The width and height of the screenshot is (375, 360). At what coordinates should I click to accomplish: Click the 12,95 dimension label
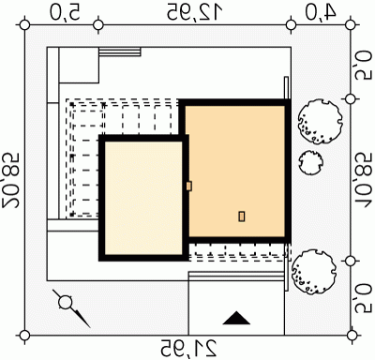click(x=194, y=11)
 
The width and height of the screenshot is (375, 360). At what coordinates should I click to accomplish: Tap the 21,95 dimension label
click(x=188, y=348)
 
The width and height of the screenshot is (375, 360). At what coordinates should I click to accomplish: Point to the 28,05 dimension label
click(x=11, y=180)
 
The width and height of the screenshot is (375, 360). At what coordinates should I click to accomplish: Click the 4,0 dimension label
click(x=321, y=11)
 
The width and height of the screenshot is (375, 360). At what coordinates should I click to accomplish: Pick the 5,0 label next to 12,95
click(x=65, y=11)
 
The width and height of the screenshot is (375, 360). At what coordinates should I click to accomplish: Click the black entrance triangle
click(x=236, y=318)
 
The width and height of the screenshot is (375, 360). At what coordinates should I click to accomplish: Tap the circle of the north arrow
click(x=66, y=303)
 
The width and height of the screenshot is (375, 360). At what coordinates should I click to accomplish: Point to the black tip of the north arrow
click(x=90, y=327)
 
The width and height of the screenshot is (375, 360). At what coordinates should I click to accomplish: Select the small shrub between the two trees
click(x=310, y=163)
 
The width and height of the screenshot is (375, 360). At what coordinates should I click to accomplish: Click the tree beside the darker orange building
click(x=320, y=122)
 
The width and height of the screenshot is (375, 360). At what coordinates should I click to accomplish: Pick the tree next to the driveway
click(x=314, y=272)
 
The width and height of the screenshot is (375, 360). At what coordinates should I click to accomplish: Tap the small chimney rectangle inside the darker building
click(x=242, y=217)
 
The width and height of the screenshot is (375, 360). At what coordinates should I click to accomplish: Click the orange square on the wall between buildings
click(x=188, y=187)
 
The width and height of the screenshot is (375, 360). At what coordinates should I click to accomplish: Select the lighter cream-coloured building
click(x=143, y=198)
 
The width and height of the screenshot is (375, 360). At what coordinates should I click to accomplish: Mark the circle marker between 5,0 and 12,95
click(x=98, y=25)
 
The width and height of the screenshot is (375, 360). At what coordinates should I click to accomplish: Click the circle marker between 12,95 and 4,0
click(x=291, y=25)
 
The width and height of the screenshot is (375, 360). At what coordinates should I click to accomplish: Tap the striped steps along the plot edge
click(x=120, y=52)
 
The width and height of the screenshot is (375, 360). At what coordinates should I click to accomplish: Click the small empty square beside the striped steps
click(x=79, y=65)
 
